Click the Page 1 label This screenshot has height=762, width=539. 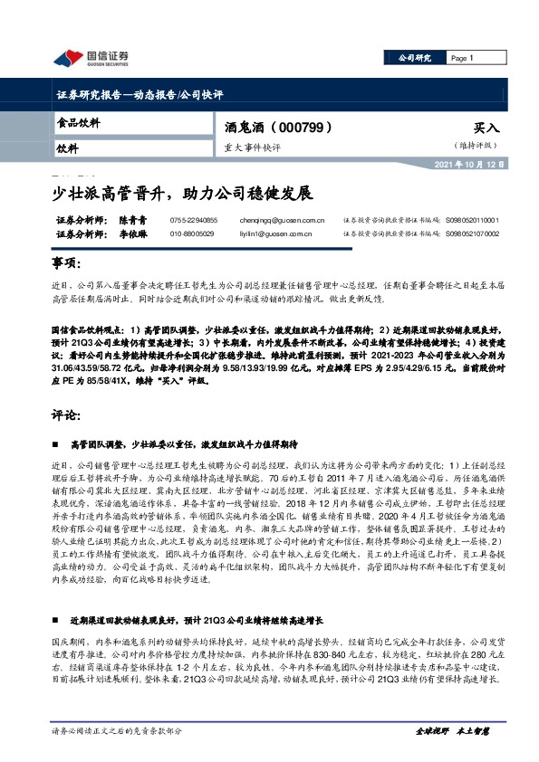(x=462, y=58)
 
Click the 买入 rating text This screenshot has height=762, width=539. (x=486, y=129)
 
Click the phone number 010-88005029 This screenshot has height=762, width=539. (x=192, y=233)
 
